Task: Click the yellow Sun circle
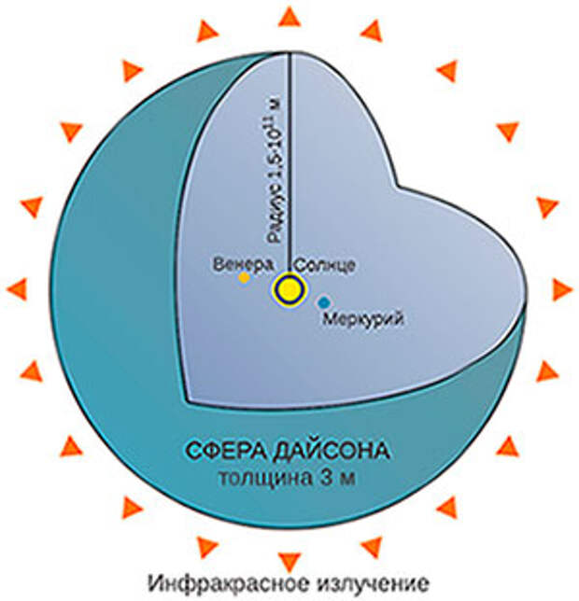289,289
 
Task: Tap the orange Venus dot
245,277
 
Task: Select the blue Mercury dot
324,302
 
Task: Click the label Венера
244,264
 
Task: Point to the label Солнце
326,265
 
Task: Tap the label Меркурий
363,318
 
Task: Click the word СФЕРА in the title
225,451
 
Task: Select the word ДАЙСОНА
332,451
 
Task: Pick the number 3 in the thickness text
326,478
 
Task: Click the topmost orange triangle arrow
289,17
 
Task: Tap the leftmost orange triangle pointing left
17,289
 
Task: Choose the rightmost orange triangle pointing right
562,289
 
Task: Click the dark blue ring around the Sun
289,277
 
